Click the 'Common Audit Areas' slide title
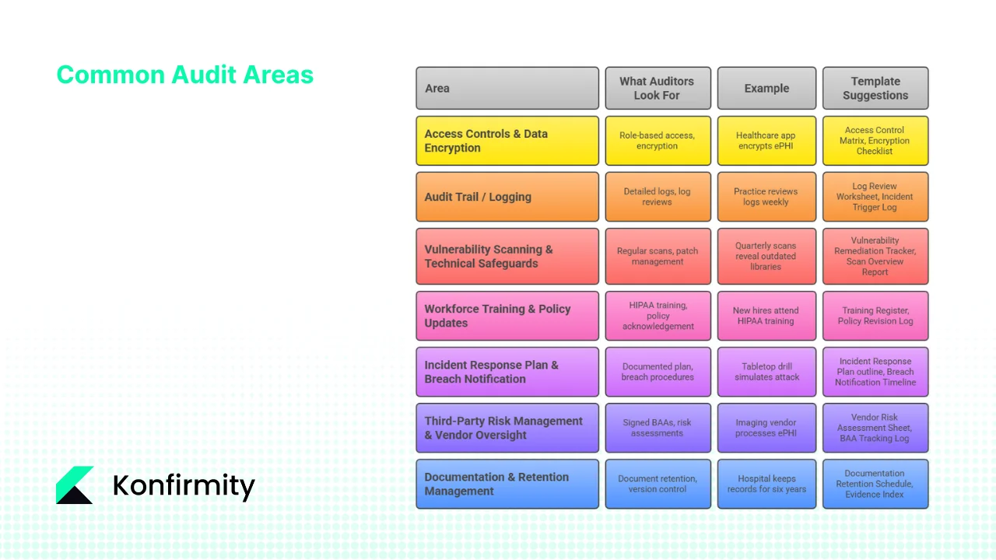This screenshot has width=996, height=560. tap(184, 75)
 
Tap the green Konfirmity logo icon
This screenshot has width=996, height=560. tap(75, 485)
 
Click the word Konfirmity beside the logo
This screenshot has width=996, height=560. tap(184, 486)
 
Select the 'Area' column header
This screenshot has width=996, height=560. tap(507, 88)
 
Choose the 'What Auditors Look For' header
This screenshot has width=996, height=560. tap(658, 88)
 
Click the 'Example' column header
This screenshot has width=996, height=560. tap(766, 88)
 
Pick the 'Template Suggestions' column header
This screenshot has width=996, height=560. tap(875, 88)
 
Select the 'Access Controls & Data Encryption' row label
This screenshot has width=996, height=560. tap(507, 141)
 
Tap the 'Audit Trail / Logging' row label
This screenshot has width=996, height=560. tap(507, 197)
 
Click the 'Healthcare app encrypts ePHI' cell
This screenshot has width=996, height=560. tap(766, 141)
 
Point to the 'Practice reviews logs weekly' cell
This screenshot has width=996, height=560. tap(766, 197)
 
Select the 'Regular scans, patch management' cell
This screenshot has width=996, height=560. tap(658, 256)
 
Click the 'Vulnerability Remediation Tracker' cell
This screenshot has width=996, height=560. tap(875, 256)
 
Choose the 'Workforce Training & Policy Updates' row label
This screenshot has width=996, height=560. tap(507, 316)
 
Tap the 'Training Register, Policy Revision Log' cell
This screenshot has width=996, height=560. tap(875, 316)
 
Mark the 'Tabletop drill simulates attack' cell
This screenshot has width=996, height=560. tap(766, 372)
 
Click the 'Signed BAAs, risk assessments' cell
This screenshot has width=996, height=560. tap(658, 428)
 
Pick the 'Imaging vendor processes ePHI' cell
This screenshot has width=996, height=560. tap(766, 428)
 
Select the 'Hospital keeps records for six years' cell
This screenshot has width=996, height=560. tap(766, 484)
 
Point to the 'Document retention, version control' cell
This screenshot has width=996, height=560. tap(658, 484)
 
